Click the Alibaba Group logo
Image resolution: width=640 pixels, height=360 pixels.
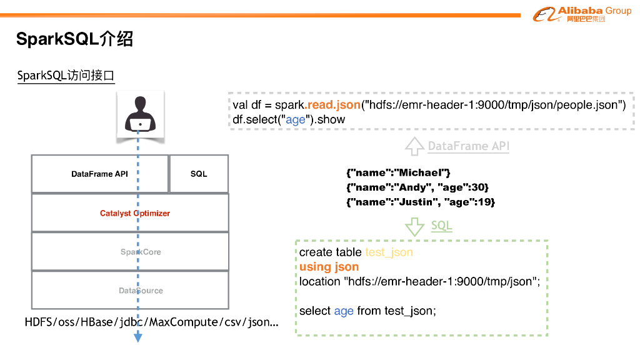[581, 14]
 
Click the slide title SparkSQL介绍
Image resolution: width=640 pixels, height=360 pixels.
[74, 39]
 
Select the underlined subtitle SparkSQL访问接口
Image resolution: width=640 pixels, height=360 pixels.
[66, 76]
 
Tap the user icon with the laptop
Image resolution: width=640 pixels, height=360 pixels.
[140, 113]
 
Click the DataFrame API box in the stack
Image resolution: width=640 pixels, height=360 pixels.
[99, 174]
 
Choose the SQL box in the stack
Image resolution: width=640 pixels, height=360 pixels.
[199, 174]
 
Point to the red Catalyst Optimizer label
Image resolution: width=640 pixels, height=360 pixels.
[135, 213]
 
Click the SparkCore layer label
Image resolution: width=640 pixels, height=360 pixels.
[141, 252]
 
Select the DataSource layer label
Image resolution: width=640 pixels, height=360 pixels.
[141, 291]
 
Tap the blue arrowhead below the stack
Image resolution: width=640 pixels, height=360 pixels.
[138, 338]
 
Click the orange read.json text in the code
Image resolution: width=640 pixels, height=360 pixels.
[333, 104]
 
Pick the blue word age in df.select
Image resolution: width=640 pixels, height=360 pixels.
[295, 119]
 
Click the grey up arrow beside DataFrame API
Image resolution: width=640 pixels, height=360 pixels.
[414, 146]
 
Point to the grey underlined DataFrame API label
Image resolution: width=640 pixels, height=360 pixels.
[468, 146]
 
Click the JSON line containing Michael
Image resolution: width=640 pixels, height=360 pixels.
[398, 172]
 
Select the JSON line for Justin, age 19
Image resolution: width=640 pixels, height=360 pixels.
[420, 202]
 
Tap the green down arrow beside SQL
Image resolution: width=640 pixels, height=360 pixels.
[414, 226]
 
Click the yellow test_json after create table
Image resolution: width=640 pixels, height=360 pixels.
[389, 252]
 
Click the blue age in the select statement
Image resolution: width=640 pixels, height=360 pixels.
[344, 311]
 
